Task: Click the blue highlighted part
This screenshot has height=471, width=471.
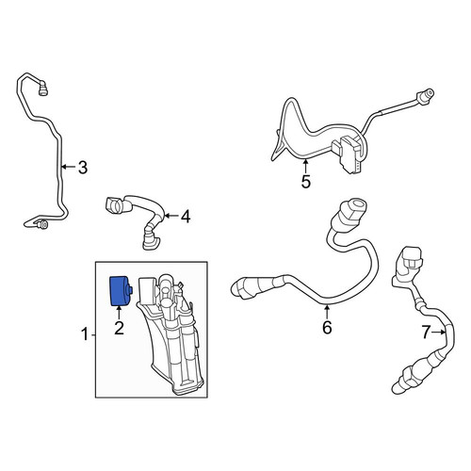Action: pos(121,291)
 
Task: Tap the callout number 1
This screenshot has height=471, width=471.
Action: pos(85,334)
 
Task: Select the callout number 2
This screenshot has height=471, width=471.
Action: pos(119,328)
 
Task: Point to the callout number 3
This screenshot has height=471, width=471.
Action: pos(82,168)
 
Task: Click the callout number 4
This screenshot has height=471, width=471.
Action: pos(186,217)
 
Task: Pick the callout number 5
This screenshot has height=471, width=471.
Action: pos(306,182)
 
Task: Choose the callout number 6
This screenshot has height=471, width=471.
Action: pos(327,328)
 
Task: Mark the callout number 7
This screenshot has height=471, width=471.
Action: pos(426,333)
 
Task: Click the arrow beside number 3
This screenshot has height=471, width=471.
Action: pos(68,167)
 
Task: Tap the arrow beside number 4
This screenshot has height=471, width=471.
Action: pos(171,216)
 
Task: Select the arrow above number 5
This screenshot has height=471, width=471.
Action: pos(305,166)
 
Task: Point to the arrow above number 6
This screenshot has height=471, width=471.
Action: pos(327,312)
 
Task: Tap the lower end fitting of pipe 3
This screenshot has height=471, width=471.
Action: pos(42,224)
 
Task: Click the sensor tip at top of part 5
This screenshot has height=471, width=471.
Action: pos(426,95)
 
